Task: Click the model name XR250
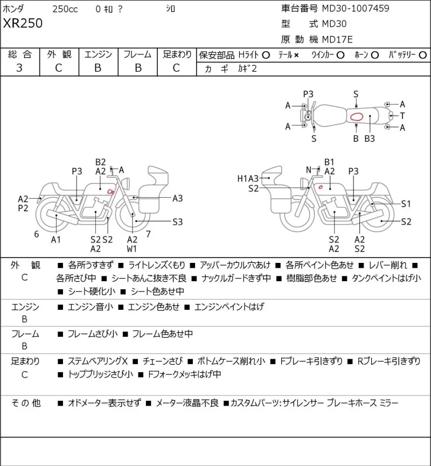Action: point(23,23)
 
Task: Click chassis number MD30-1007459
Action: point(356,8)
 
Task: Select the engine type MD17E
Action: point(337,39)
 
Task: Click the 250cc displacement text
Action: point(65,9)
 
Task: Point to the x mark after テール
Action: point(296,55)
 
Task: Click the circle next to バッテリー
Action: point(423,55)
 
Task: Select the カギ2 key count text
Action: point(247,68)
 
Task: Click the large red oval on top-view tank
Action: point(357,116)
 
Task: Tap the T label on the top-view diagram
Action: point(402,116)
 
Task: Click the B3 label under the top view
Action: point(370,138)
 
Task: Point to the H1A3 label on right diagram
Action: point(248,178)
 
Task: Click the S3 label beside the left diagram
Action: point(178,222)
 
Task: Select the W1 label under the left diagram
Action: point(131,248)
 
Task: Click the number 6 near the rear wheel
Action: point(37,234)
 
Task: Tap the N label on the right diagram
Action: point(309,170)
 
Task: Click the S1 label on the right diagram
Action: point(406,204)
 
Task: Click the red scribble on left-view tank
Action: point(110,192)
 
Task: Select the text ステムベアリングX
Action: point(98,361)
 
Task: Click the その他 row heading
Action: point(26,403)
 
